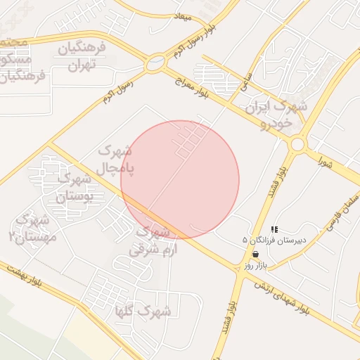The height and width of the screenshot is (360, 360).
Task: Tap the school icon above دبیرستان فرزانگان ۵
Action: [x=274, y=229]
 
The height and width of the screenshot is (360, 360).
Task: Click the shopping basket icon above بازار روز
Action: [x=254, y=255]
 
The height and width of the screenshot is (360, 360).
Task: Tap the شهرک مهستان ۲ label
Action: [x=30, y=229]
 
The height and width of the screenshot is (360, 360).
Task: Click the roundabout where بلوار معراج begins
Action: [x=154, y=65]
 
